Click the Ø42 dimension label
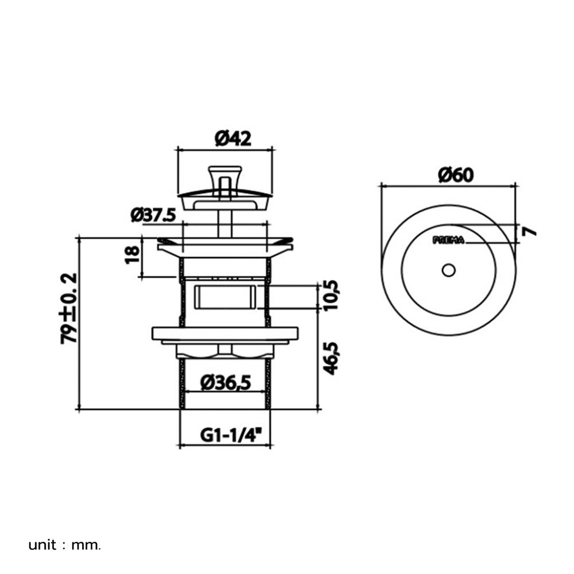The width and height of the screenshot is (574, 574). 233,138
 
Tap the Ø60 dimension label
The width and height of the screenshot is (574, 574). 456,175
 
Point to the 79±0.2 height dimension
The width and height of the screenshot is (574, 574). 69,308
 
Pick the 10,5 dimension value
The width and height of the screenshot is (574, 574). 331,295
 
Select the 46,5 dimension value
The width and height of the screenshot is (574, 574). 331,358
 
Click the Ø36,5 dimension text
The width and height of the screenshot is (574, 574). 226,382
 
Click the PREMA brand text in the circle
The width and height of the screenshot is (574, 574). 448,241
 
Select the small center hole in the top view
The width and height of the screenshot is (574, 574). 448,270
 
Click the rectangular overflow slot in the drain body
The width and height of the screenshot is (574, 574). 224,298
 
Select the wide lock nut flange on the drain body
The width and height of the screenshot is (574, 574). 224,333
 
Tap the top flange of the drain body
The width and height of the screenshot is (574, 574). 224,247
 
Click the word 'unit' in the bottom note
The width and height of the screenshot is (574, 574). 42,545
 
